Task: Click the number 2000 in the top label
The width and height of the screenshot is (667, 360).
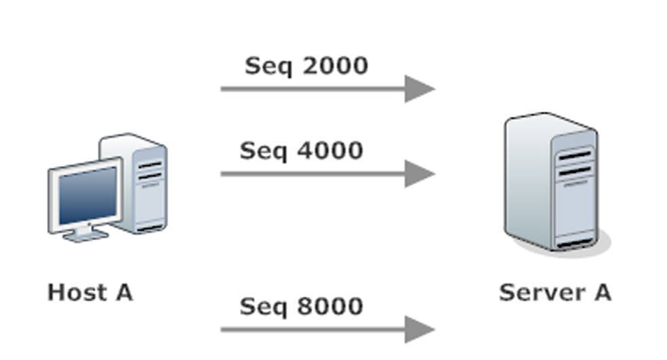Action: click(336, 66)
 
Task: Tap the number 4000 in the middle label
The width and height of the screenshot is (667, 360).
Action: click(331, 151)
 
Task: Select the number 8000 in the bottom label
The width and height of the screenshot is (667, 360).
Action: click(331, 306)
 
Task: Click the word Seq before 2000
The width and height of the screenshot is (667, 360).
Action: click(269, 67)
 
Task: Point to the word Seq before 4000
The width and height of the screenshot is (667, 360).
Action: click(264, 151)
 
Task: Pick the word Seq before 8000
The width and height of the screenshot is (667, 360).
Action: click(264, 307)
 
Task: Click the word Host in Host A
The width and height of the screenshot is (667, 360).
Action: click(77, 293)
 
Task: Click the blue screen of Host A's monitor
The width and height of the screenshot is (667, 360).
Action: click(87, 195)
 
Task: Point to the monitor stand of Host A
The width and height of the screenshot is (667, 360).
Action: click(85, 233)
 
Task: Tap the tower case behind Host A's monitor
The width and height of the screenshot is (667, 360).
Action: click(144, 183)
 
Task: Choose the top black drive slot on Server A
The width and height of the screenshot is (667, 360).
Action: click(575, 156)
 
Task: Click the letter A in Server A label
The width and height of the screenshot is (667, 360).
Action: click(603, 293)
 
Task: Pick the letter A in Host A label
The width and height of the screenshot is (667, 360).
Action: click(124, 293)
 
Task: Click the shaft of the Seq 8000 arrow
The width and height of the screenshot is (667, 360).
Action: click(313, 329)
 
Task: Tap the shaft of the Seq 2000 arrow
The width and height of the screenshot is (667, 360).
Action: click(313, 89)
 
